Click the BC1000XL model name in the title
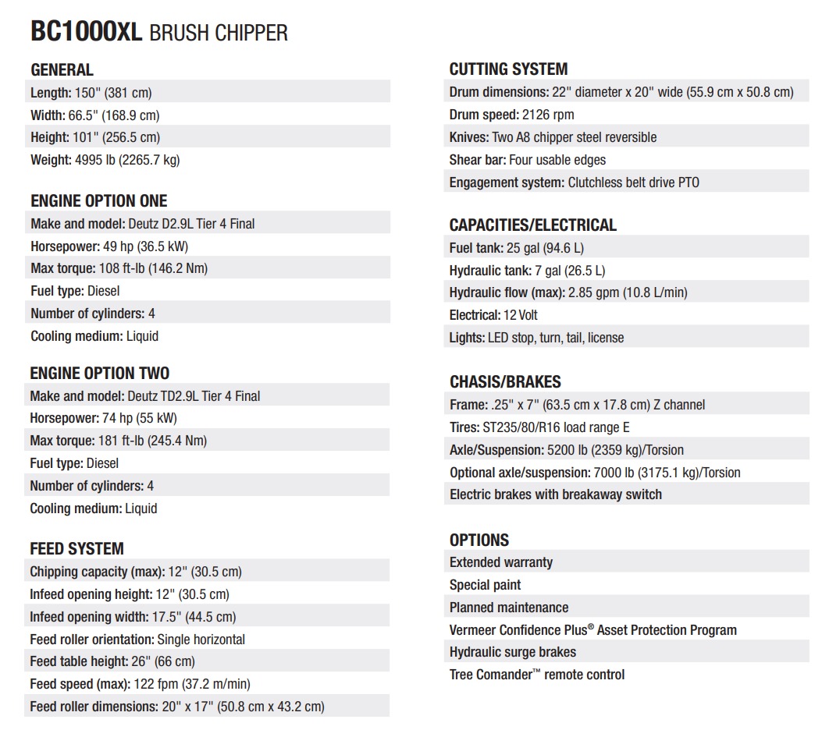(x=86, y=32)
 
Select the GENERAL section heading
(x=62, y=69)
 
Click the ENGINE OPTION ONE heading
(x=99, y=200)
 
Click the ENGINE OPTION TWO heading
(x=99, y=373)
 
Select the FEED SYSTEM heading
(x=77, y=548)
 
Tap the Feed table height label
(x=78, y=661)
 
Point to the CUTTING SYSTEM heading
(x=508, y=69)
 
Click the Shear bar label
(x=478, y=160)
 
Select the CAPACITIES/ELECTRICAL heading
(x=532, y=225)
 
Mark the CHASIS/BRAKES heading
(x=505, y=382)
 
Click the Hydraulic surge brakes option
(x=512, y=652)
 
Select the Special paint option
(x=485, y=585)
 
